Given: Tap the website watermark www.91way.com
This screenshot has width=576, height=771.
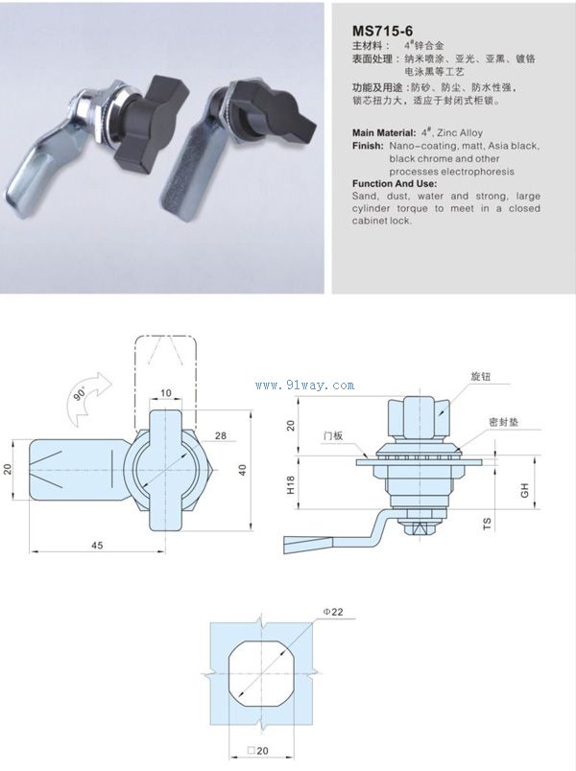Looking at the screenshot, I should (x=305, y=385).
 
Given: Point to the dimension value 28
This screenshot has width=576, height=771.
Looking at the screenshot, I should (x=221, y=435).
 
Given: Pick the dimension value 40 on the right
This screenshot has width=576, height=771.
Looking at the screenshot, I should (x=242, y=469).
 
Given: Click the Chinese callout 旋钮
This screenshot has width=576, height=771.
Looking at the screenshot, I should (x=480, y=376).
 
